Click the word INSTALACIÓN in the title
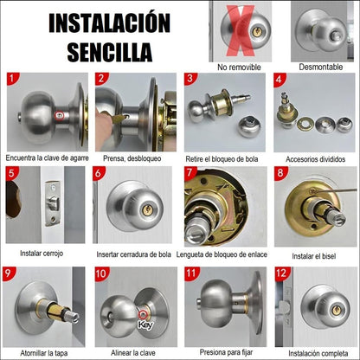point(109,22)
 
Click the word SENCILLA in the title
point(110,52)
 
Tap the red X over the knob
point(240,30)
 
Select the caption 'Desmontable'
point(321,67)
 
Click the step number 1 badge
point(13,79)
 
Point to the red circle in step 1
point(59,116)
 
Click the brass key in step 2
point(118,118)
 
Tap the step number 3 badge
point(190,79)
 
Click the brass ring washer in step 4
point(305,124)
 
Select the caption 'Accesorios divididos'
point(315,159)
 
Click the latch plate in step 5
point(53,203)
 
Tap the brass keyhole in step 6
point(147,209)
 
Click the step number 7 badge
point(190,172)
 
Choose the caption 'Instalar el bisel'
point(314,256)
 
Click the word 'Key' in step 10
point(145,325)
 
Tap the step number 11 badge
point(191,273)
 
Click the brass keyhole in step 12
point(336,310)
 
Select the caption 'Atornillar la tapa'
point(44,353)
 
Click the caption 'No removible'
point(239,67)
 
